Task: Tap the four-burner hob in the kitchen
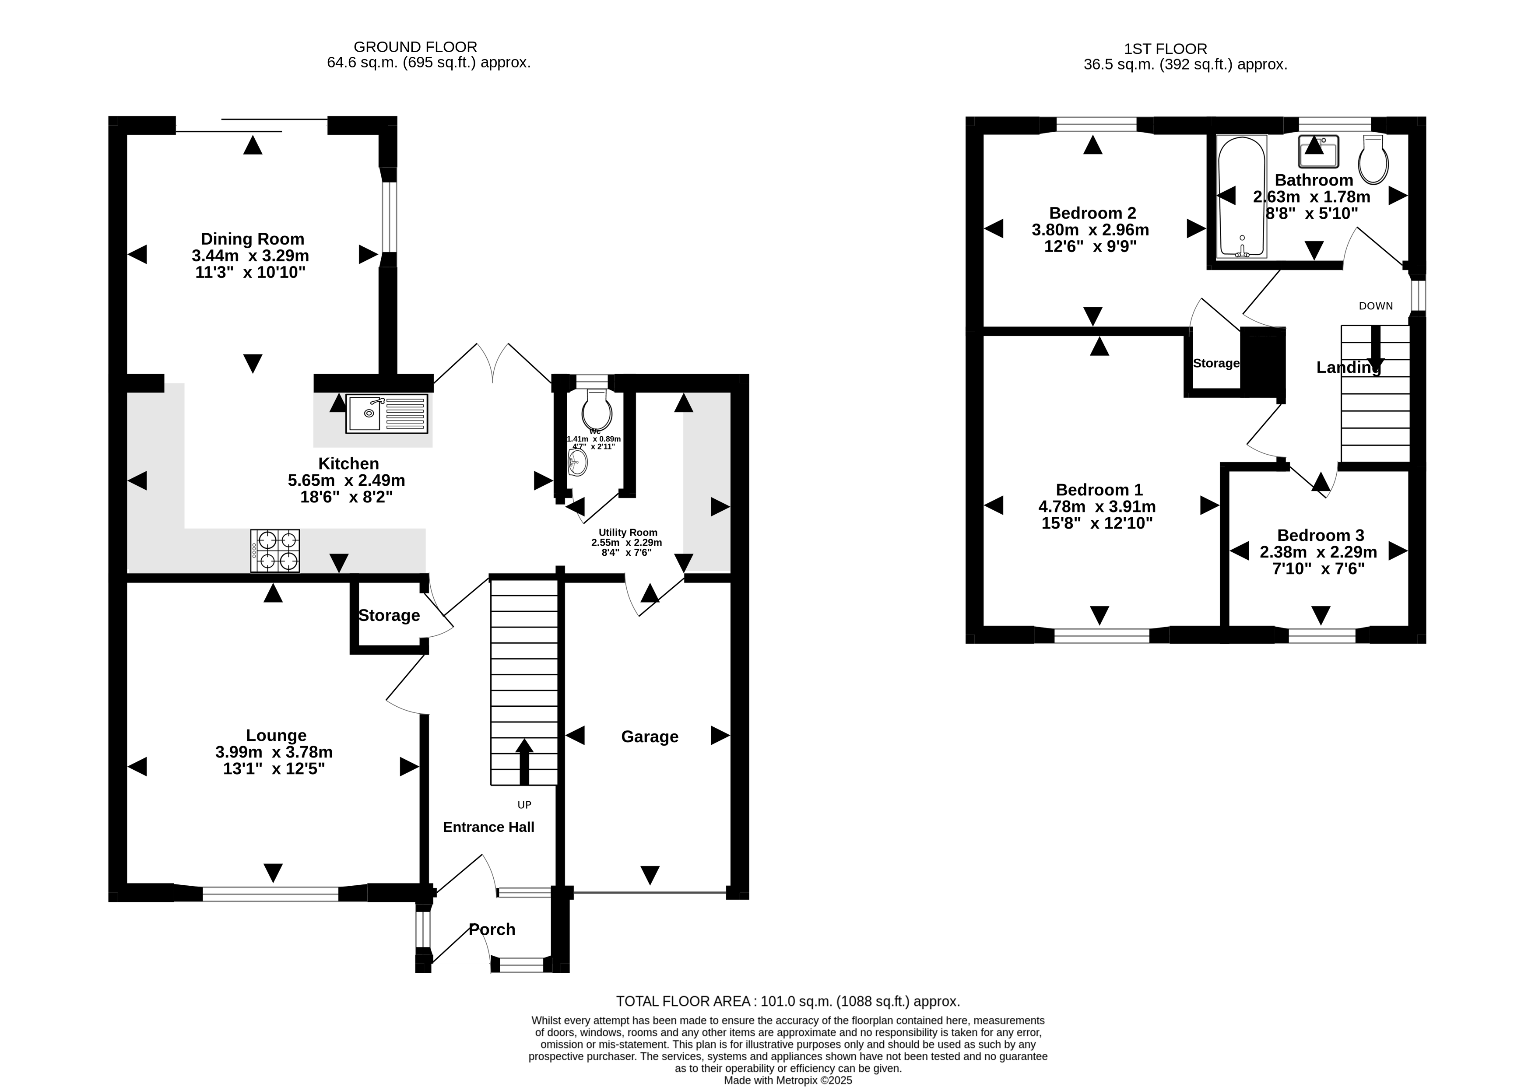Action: (x=275, y=551)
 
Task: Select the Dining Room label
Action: (x=253, y=239)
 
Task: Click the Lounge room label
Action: (x=276, y=736)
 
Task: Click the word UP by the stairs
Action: (x=524, y=805)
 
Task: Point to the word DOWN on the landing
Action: (x=1376, y=306)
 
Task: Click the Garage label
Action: (x=650, y=736)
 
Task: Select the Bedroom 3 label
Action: (x=1320, y=536)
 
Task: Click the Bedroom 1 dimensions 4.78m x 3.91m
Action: (x=1096, y=507)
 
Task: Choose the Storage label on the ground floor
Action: (x=389, y=616)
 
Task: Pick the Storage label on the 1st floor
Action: (x=1215, y=364)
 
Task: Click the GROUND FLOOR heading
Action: (x=415, y=47)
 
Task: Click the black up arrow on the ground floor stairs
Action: (x=524, y=762)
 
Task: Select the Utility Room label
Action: (x=628, y=533)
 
